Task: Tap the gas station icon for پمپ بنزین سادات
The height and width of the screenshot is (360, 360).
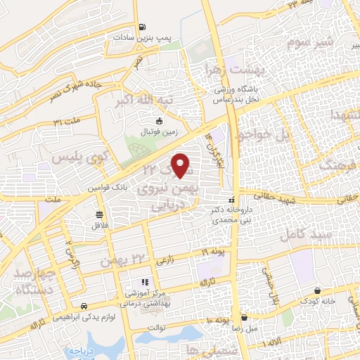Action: pos(143,29)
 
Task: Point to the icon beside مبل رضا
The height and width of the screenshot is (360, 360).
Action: pos(244,317)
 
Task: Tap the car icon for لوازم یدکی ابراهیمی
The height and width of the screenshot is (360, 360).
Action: pos(84,307)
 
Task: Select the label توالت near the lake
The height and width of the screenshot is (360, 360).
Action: pos(155,326)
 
